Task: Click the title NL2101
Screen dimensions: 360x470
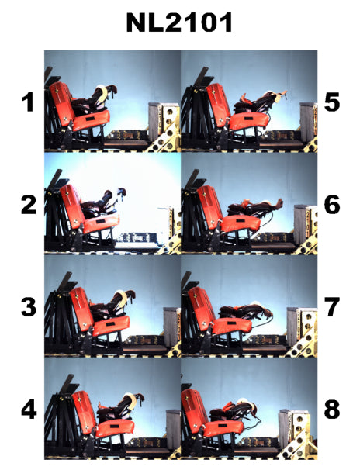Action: tap(179, 22)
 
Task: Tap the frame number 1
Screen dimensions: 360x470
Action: tap(28, 102)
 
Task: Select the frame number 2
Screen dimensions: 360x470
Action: tap(29, 205)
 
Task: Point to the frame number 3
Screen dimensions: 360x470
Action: tap(29, 307)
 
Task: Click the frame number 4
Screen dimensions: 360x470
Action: tap(29, 410)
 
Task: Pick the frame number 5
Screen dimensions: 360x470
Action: tap(332, 102)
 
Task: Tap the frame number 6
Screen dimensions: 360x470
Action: tap(332, 205)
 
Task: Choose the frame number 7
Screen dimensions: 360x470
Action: tap(332, 307)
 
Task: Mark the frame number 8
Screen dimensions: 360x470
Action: tap(332, 410)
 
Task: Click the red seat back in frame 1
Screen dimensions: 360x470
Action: tap(62, 103)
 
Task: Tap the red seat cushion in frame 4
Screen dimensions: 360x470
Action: tap(116, 428)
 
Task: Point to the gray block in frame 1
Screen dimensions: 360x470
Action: tap(155, 122)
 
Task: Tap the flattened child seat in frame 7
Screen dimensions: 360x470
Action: tap(245, 312)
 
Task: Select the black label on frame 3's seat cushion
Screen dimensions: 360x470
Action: tap(110, 324)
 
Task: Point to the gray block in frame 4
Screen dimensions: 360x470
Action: tap(173, 429)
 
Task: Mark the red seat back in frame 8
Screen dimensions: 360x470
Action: tap(194, 410)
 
